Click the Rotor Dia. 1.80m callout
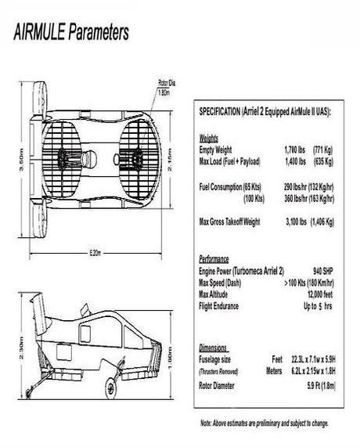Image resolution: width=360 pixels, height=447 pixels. pos(164,87)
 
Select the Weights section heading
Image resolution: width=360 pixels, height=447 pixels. pos(209,138)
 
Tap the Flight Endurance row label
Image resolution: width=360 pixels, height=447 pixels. pos(225,305)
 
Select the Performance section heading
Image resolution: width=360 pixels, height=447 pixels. pos(214,258)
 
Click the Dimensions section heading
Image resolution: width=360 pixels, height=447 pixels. pos(213,347)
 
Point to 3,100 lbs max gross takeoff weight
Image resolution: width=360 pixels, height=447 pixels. pos(297,222)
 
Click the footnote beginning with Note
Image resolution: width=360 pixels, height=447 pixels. pos(264,424)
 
